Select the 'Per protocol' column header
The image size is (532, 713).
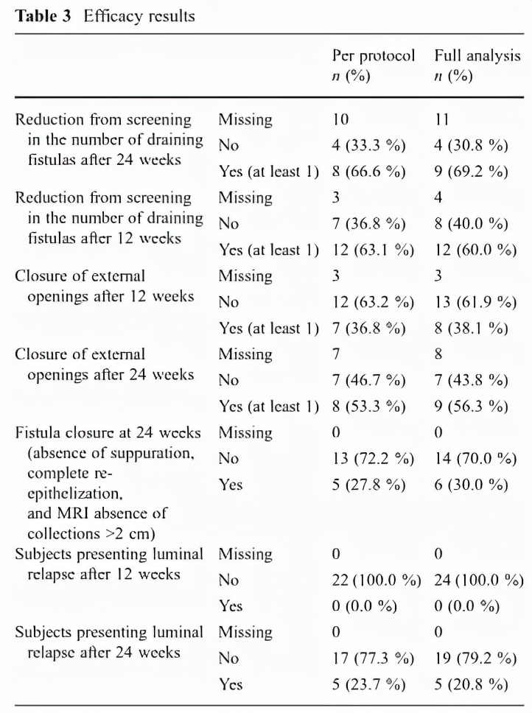[374, 56]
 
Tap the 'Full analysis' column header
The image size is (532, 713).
[477, 56]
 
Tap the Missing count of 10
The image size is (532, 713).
[340, 119]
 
